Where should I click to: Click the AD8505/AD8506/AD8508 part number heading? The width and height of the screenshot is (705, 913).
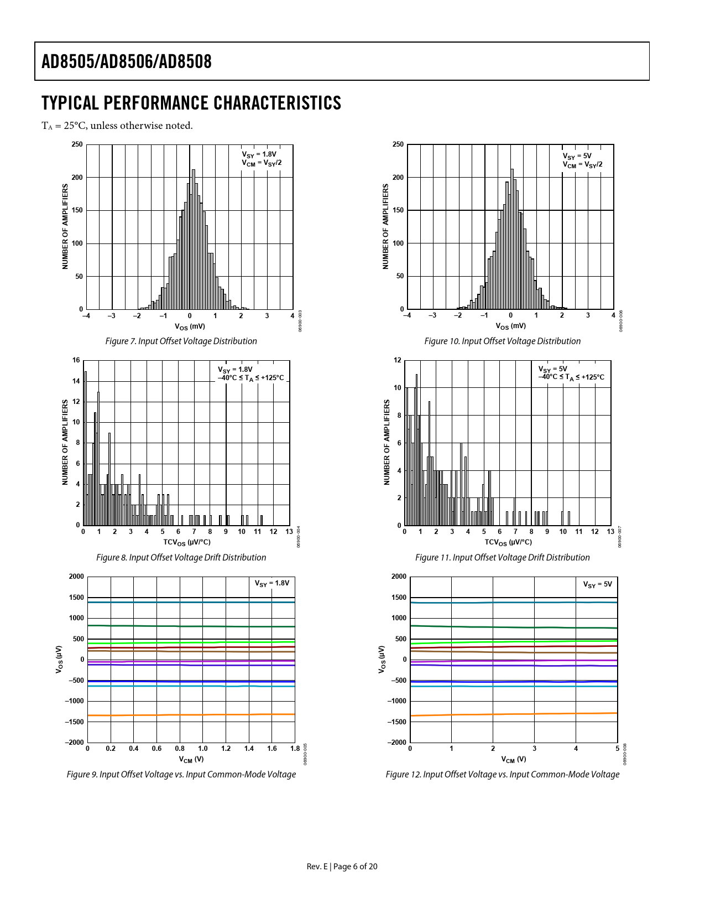[x=127, y=61]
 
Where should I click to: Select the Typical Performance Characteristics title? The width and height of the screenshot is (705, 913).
[x=191, y=103]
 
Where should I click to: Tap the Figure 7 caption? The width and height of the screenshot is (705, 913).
[x=181, y=341]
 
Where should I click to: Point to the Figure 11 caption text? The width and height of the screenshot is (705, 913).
[x=502, y=557]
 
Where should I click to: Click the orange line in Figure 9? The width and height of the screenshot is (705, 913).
[x=191, y=715]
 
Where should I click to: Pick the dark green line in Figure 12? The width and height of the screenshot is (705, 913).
[x=514, y=627]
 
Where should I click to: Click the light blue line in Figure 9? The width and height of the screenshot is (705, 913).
[x=191, y=686]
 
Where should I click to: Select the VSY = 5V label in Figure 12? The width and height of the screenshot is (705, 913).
[x=597, y=584]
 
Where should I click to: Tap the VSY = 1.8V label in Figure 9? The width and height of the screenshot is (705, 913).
[x=271, y=583]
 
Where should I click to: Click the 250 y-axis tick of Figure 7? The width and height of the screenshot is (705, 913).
[x=77, y=144]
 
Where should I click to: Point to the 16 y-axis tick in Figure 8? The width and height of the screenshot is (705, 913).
[x=76, y=360]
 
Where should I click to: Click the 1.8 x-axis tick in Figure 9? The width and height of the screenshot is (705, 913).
[x=295, y=749]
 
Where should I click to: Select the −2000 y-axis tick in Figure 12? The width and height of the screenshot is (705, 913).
[x=398, y=742]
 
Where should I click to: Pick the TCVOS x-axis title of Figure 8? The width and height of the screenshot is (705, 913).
[x=186, y=542]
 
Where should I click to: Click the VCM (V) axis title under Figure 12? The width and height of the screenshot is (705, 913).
[x=513, y=759]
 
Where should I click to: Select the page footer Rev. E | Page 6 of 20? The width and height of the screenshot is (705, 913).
[x=342, y=867]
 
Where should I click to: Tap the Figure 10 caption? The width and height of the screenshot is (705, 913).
[x=502, y=341]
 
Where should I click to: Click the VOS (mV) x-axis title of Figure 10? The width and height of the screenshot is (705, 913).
[x=510, y=326]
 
